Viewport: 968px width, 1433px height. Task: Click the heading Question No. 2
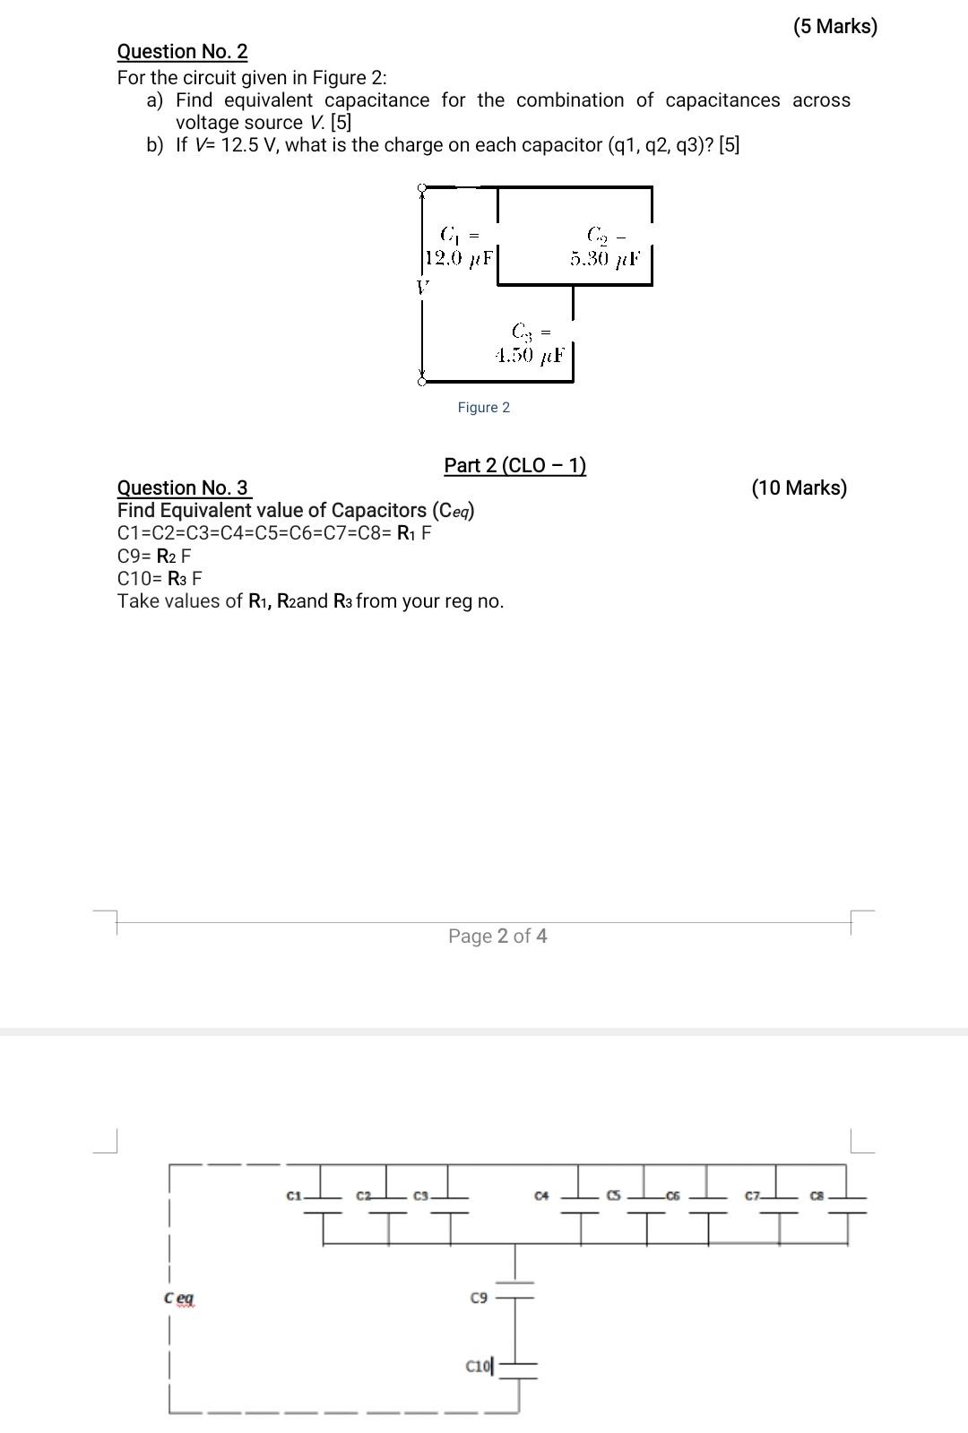(x=183, y=52)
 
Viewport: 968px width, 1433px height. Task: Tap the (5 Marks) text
(x=834, y=27)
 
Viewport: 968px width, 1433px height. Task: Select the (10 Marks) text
(x=799, y=488)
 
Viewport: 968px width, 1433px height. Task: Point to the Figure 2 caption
(x=483, y=408)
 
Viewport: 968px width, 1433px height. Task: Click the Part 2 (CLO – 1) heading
(x=514, y=465)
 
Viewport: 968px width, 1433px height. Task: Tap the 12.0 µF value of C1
(x=458, y=259)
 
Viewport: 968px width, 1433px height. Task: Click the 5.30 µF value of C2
(x=606, y=259)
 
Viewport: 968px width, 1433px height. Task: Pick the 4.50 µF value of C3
(x=530, y=355)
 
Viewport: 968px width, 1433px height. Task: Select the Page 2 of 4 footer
(x=497, y=937)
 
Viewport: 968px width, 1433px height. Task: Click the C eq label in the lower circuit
(x=178, y=1298)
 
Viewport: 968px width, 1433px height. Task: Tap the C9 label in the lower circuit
(x=479, y=1297)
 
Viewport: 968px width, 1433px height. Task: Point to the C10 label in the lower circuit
(x=478, y=1366)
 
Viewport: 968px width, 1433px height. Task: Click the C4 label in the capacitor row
(x=540, y=1196)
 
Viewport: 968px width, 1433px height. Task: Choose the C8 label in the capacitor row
(x=817, y=1196)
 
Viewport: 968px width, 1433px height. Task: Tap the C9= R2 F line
(x=154, y=556)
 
